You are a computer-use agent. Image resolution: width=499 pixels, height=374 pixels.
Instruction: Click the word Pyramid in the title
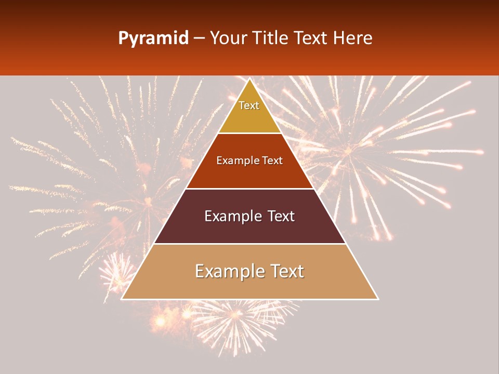[x=153, y=38]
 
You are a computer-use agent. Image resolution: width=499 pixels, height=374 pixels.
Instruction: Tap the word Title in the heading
[x=271, y=38]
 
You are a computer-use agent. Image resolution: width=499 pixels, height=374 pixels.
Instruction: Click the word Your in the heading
[x=229, y=38]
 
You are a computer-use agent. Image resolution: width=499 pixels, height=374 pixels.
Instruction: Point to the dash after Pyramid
[x=199, y=39]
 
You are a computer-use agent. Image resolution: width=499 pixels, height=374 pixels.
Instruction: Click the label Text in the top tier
[x=249, y=105]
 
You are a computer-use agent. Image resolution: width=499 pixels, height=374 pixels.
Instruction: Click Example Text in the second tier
[x=249, y=161]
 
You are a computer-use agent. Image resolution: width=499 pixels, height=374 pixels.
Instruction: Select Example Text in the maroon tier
[x=249, y=216]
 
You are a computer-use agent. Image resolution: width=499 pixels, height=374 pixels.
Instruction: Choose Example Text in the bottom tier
[x=249, y=271]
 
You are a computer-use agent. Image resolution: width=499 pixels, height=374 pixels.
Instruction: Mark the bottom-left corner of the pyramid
[x=122, y=299]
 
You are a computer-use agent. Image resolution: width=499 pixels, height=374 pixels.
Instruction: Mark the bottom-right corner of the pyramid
[x=378, y=299]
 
